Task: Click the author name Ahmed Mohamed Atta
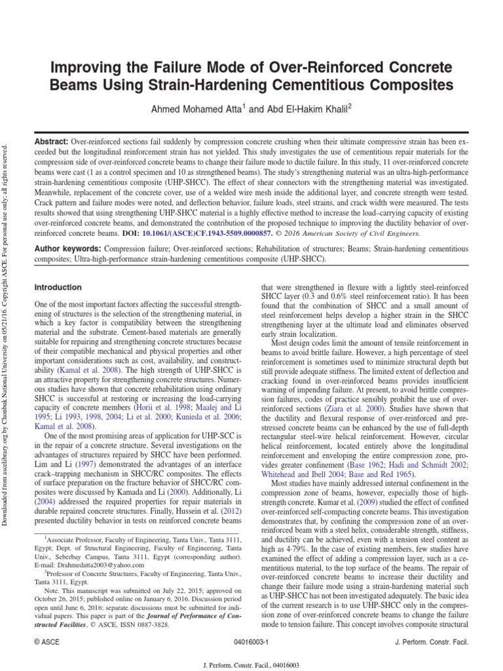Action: tap(198, 109)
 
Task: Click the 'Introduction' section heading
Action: tap(58, 287)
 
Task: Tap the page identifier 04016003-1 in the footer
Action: tap(251, 640)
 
